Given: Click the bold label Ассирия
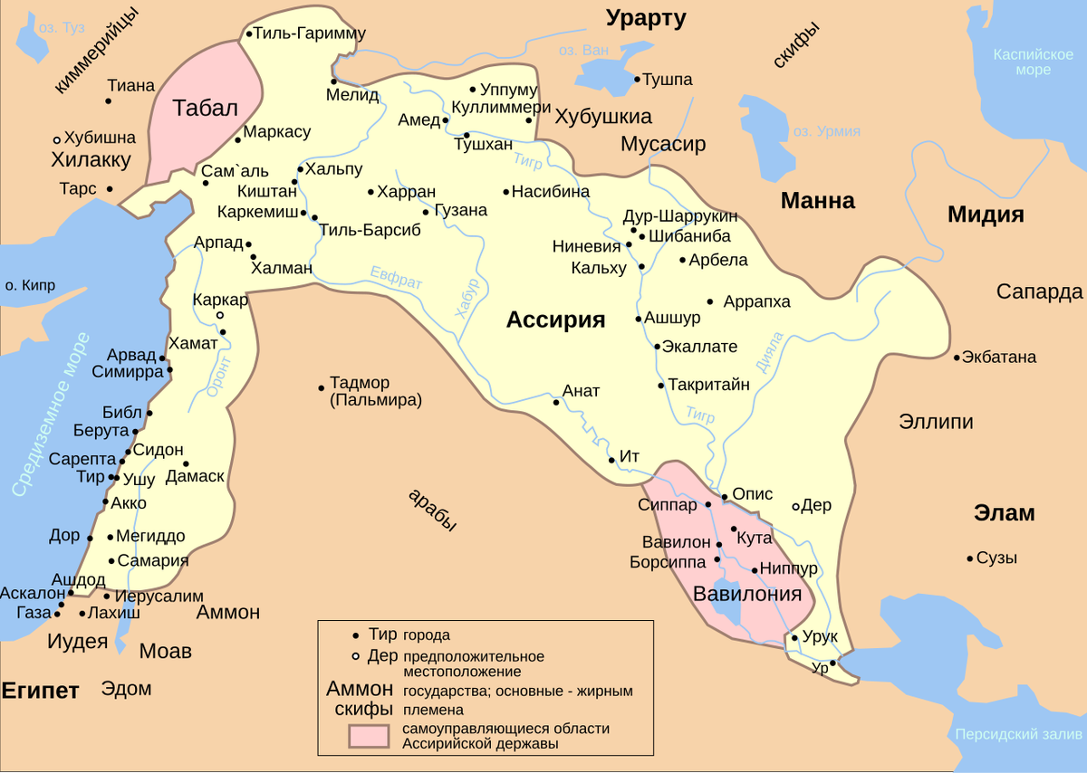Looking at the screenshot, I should point(554,320).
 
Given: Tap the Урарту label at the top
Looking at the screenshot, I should point(646,17).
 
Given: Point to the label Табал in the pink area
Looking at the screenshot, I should point(205,108).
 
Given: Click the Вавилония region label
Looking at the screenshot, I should point(747,594).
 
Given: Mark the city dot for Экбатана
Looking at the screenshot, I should point(957,358).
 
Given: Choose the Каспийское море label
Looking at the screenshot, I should point(1033,62).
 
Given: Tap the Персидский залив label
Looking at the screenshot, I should point(1018,734).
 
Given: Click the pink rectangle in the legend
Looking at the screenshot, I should point(371,736).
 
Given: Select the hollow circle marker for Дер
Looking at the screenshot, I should point(796,506).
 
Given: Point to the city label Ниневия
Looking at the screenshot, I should point(586,246).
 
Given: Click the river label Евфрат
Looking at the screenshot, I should point(396,277).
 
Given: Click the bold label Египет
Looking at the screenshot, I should point(40,690).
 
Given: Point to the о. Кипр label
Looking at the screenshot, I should point(30,285).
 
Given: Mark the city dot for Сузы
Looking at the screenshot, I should point(970,558).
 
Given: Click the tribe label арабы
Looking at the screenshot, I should point(432,511).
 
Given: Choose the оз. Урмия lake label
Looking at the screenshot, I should point(826,131).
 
